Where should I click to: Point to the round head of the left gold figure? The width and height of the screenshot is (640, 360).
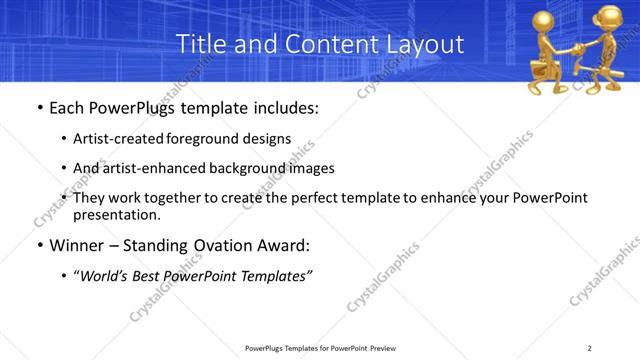coord(548,20)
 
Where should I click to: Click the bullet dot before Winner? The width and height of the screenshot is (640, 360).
coord(39,246)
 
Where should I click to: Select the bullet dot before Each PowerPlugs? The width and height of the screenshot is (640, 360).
coord(39,106)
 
